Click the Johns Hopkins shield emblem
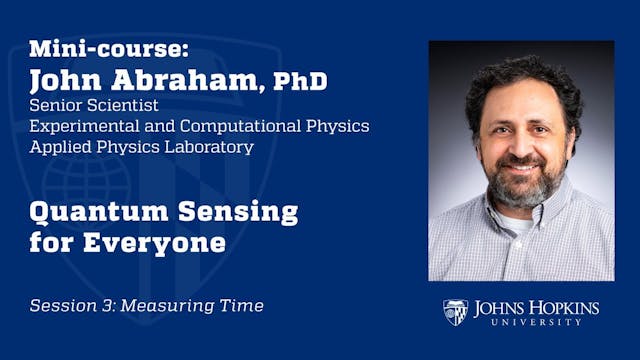pos(455,312)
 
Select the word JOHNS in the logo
pos(502,307)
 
